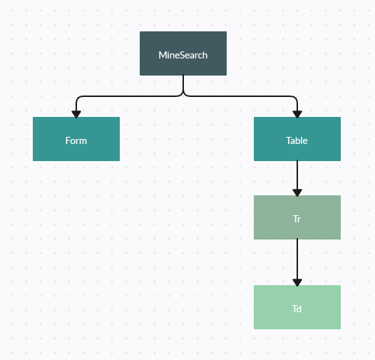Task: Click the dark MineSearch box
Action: pos(183,53)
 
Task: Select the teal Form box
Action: pos(76,139)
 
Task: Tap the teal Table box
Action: pos(297,139)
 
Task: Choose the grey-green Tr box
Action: pos(297,217)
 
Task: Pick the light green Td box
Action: pos(297,307)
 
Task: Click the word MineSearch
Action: pos(183,56)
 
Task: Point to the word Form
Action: pos(76,140)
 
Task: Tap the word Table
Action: pos(297,140)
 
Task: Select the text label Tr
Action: pos(297,219)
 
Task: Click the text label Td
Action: pos(297,309)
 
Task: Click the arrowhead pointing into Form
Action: pos(76,114)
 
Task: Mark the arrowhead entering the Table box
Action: pos(297,114)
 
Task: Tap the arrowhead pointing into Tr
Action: pos(297,192)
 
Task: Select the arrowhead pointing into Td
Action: pos(297,282)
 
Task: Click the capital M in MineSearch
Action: pos(162,56)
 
